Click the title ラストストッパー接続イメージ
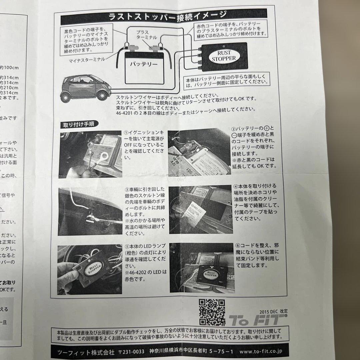[x=168, y=15]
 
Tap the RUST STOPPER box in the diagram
[x=224, y=57]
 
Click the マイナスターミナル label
[x=87, y=60]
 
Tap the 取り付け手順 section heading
[x=79, y=125]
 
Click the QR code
[x=212, y=312]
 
